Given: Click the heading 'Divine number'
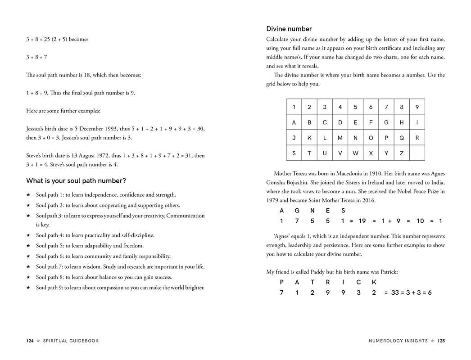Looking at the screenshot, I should [289, 29].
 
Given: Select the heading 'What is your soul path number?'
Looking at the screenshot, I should [76, 181].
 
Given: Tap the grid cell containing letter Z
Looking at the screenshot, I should [402, 153].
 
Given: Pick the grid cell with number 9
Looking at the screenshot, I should [417, 107].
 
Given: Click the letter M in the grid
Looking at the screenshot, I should [340, 138].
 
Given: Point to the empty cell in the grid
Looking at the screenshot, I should [417, 153].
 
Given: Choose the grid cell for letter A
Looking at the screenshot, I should [294, 122].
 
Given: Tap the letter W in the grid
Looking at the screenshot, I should [355, 153].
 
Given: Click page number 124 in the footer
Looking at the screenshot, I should [30, 341].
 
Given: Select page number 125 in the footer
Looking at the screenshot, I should [441, 341].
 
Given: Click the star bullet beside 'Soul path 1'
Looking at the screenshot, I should [28, 195].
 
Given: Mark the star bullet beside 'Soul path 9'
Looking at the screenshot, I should [28, 288].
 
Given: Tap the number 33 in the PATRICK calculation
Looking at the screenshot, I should [395, 293].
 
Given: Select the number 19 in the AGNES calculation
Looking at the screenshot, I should [362, 221].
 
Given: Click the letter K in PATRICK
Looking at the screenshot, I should [374, 283].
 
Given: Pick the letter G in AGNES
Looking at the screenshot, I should [297, 211].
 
